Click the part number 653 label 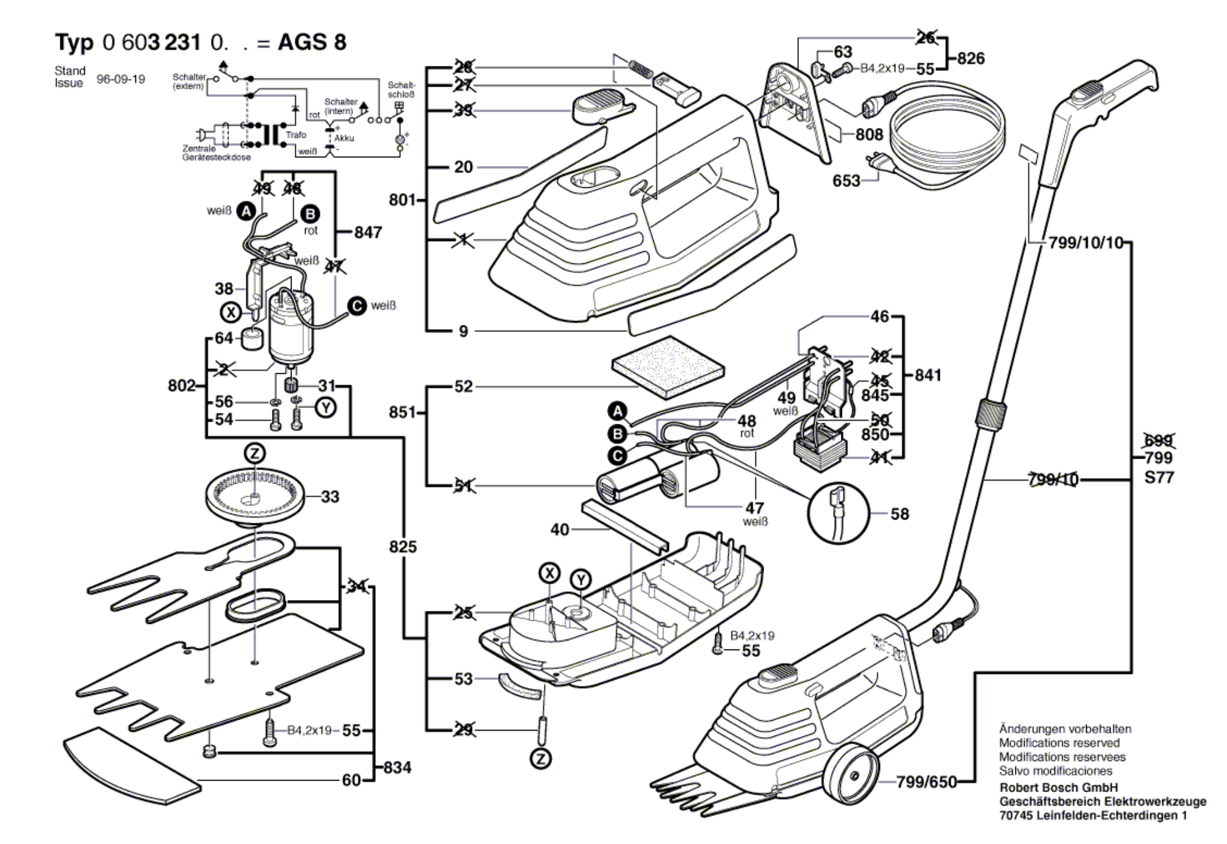[x=846, y=181]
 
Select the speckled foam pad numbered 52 [x=668, y=366]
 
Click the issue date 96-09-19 [x=121, y=79]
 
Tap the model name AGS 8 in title [x=312, y=42]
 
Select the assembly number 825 [x=402, y=546]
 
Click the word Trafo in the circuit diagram [x=296, y=135]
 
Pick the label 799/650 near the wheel [x=926, y=782]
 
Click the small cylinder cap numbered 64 [x=252, y=339]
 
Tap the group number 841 [x=928, y=375]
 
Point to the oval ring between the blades [x=255, y=604]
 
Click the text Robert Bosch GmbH [x=1059, y=787]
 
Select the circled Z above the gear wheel [x=254, y=454]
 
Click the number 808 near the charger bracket [x=869, y=134]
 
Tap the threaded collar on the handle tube [x=990, y=415]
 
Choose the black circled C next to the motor [x=357, y=306]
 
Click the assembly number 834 [x=397, y=767]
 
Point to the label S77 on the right [x=1159, y=477]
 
